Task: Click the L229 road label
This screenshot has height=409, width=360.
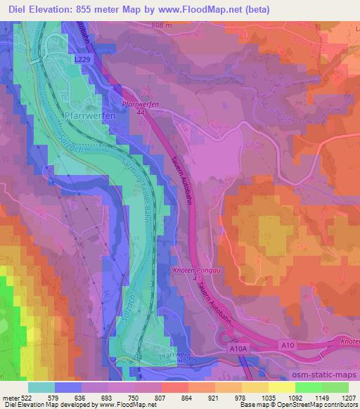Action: (x=82, y=62)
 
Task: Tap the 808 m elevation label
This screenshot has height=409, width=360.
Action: (x=160, y=25)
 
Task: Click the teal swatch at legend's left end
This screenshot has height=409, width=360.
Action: (x=41, y=387)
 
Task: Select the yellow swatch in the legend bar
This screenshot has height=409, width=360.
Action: (x=255, y=387)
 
